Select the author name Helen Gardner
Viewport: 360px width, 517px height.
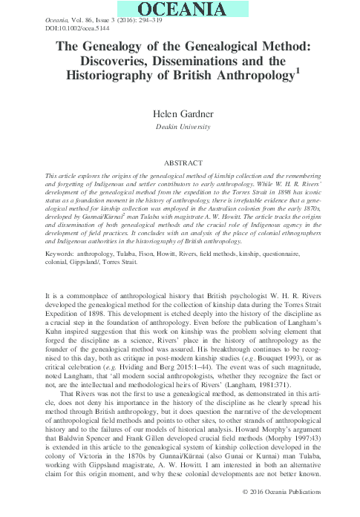tap(180, 115)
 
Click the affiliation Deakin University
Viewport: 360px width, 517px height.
tap(180, 128)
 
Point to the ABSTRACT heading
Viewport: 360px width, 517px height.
tap(180, 161)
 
